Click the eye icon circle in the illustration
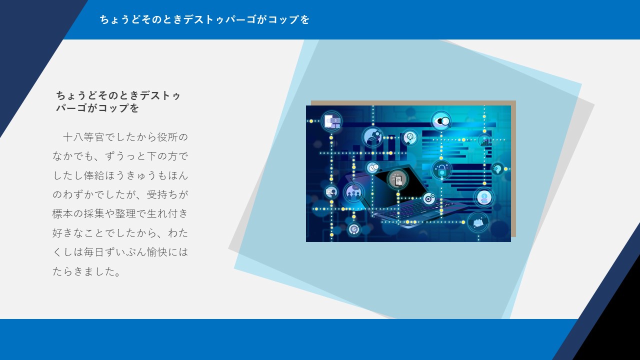coord(441,121)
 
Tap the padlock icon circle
coord(441,170)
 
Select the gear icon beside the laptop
coord(428,198)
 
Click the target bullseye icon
coord(354,229)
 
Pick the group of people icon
coord(353,192)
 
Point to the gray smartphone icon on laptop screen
coord(397,179)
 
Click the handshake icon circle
coord(372,137)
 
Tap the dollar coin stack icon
coord(484,197)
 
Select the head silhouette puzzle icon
coord(497,169)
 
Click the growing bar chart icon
coord(485,140)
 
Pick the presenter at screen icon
coord(331,191)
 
